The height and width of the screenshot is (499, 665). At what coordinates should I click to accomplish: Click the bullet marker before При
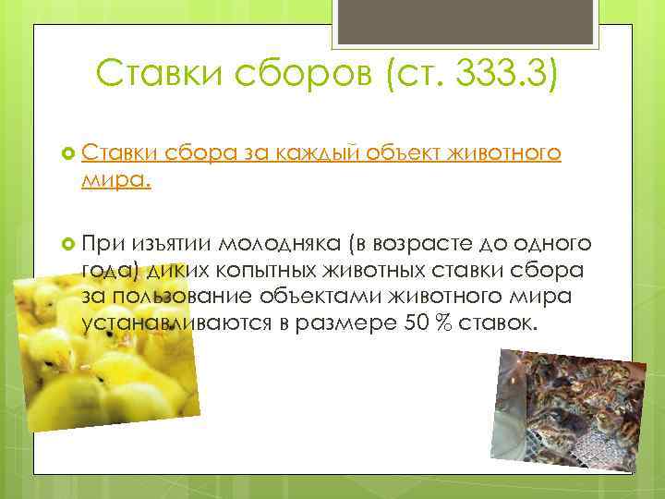66,242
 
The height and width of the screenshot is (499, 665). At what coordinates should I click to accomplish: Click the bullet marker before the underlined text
66,152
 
